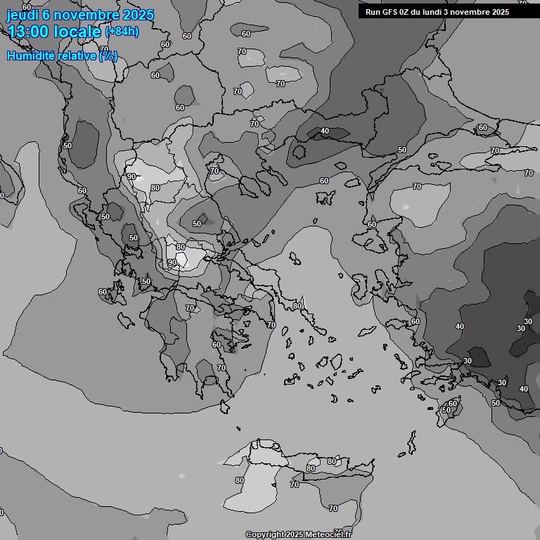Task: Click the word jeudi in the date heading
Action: pyautogui.click(x=23, y=15)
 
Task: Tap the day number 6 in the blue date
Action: pyautogui.click(x=49, y=15)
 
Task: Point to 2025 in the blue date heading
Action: pyautogui.click(x=138, y=15)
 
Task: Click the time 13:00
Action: pyautogui.click(x=30, y=31)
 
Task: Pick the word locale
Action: pyautogui.click(x=78, y=31)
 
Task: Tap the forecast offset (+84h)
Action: pyautogui.click(x=122, y=32)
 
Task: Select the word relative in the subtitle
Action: pyautogui.click(x=77, y=56)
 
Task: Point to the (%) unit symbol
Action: pyautogui.click(x=108, y=56)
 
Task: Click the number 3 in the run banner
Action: pyautogui.click(x=455, y=12)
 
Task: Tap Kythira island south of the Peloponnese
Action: pyautogui.click(x=226, y=406)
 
